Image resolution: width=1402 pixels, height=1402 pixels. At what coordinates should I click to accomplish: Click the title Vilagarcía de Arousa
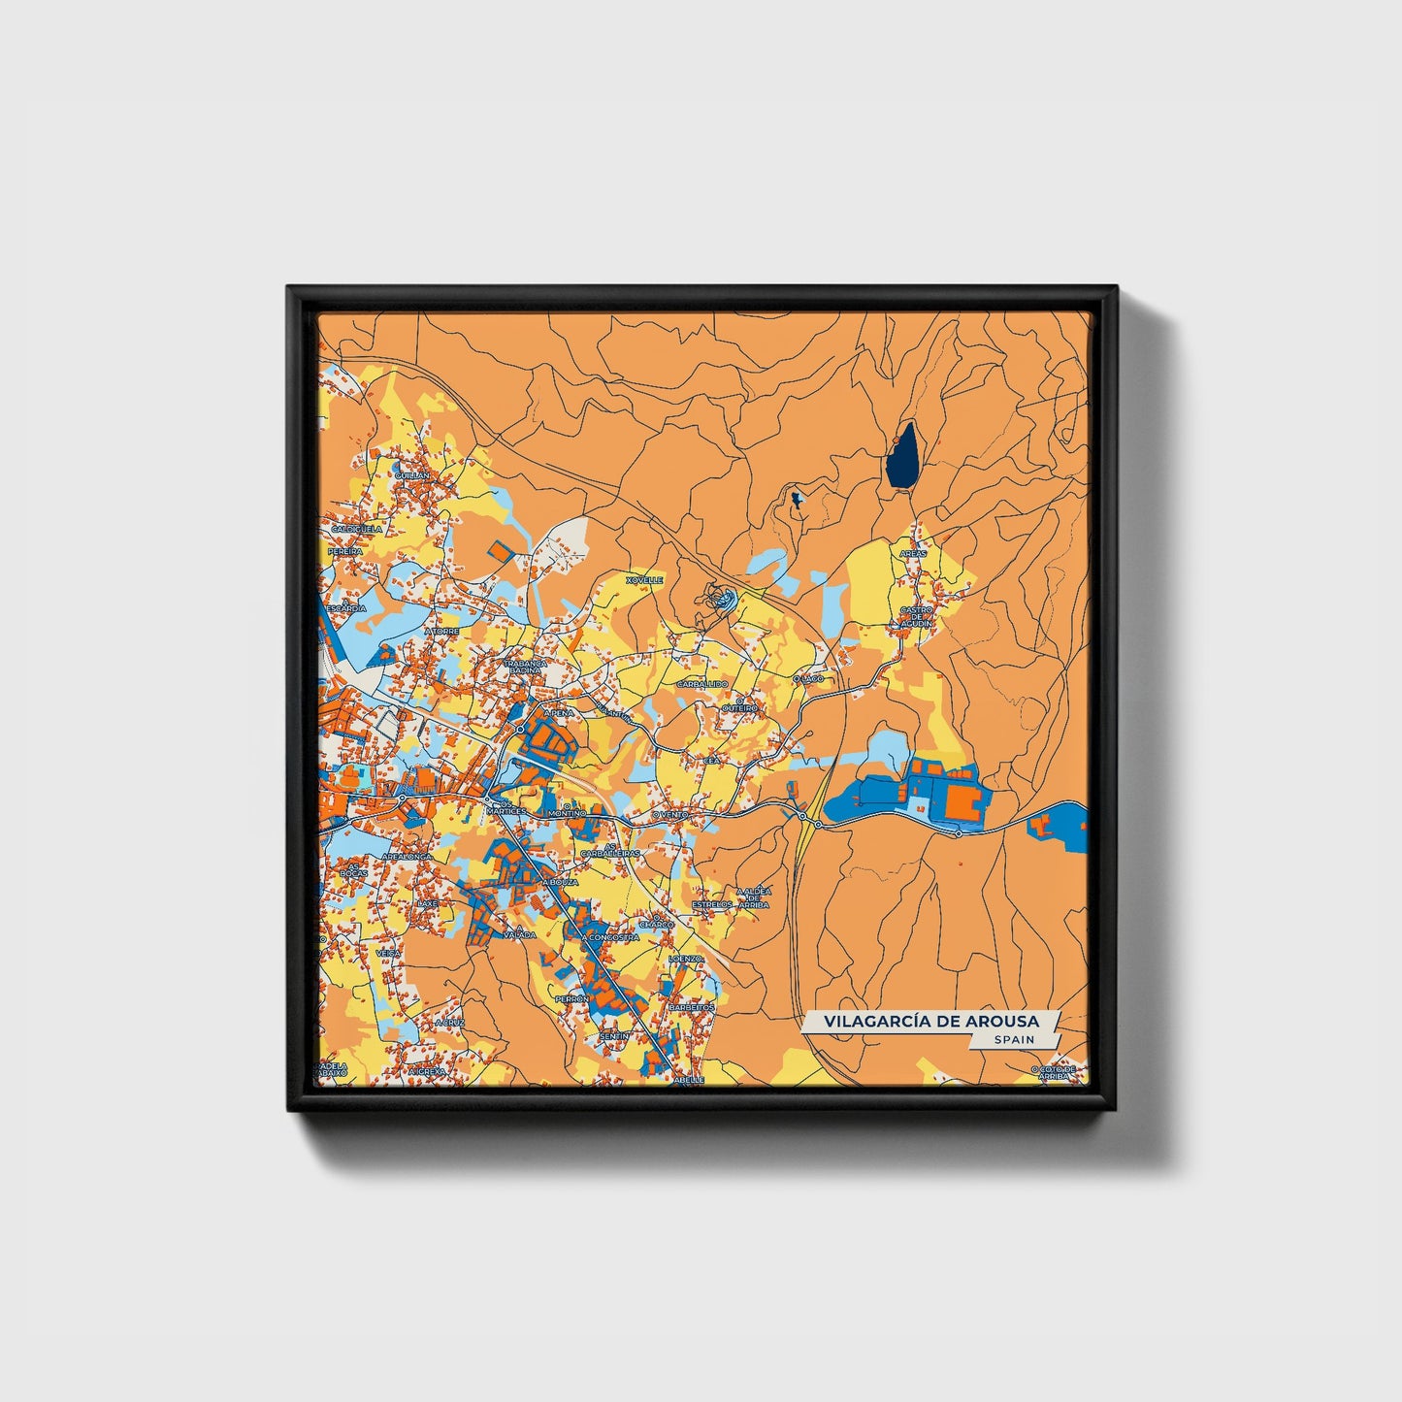[x=930, y=1021]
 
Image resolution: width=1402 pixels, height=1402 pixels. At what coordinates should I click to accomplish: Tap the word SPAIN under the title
[x=1013, y=1039]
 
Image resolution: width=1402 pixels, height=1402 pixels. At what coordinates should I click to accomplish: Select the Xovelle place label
[x=644, y=580]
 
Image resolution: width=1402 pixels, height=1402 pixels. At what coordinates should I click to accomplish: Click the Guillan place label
[x=412, y=476]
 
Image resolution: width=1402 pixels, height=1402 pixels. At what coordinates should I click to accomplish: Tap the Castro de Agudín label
[x=916, y=616]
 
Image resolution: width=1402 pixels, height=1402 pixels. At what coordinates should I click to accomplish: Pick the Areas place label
[x=913, y=553]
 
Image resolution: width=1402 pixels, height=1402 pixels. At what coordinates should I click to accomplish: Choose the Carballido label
[x=701, y=684]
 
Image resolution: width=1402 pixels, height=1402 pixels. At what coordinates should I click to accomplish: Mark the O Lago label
[x=808, y=678]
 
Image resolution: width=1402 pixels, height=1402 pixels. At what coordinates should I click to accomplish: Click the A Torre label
[x=441, y=631]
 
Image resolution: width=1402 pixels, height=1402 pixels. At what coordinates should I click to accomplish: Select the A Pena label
[x=559, y=712]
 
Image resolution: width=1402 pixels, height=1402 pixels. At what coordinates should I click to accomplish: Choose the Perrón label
[x=571, y=998]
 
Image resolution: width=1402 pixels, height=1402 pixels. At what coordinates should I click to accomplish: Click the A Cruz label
[x=450, y=1022]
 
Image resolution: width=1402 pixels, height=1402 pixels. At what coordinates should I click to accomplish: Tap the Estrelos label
[x=712, y=904]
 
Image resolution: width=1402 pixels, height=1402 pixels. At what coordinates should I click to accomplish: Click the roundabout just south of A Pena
[x=521, y=729]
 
